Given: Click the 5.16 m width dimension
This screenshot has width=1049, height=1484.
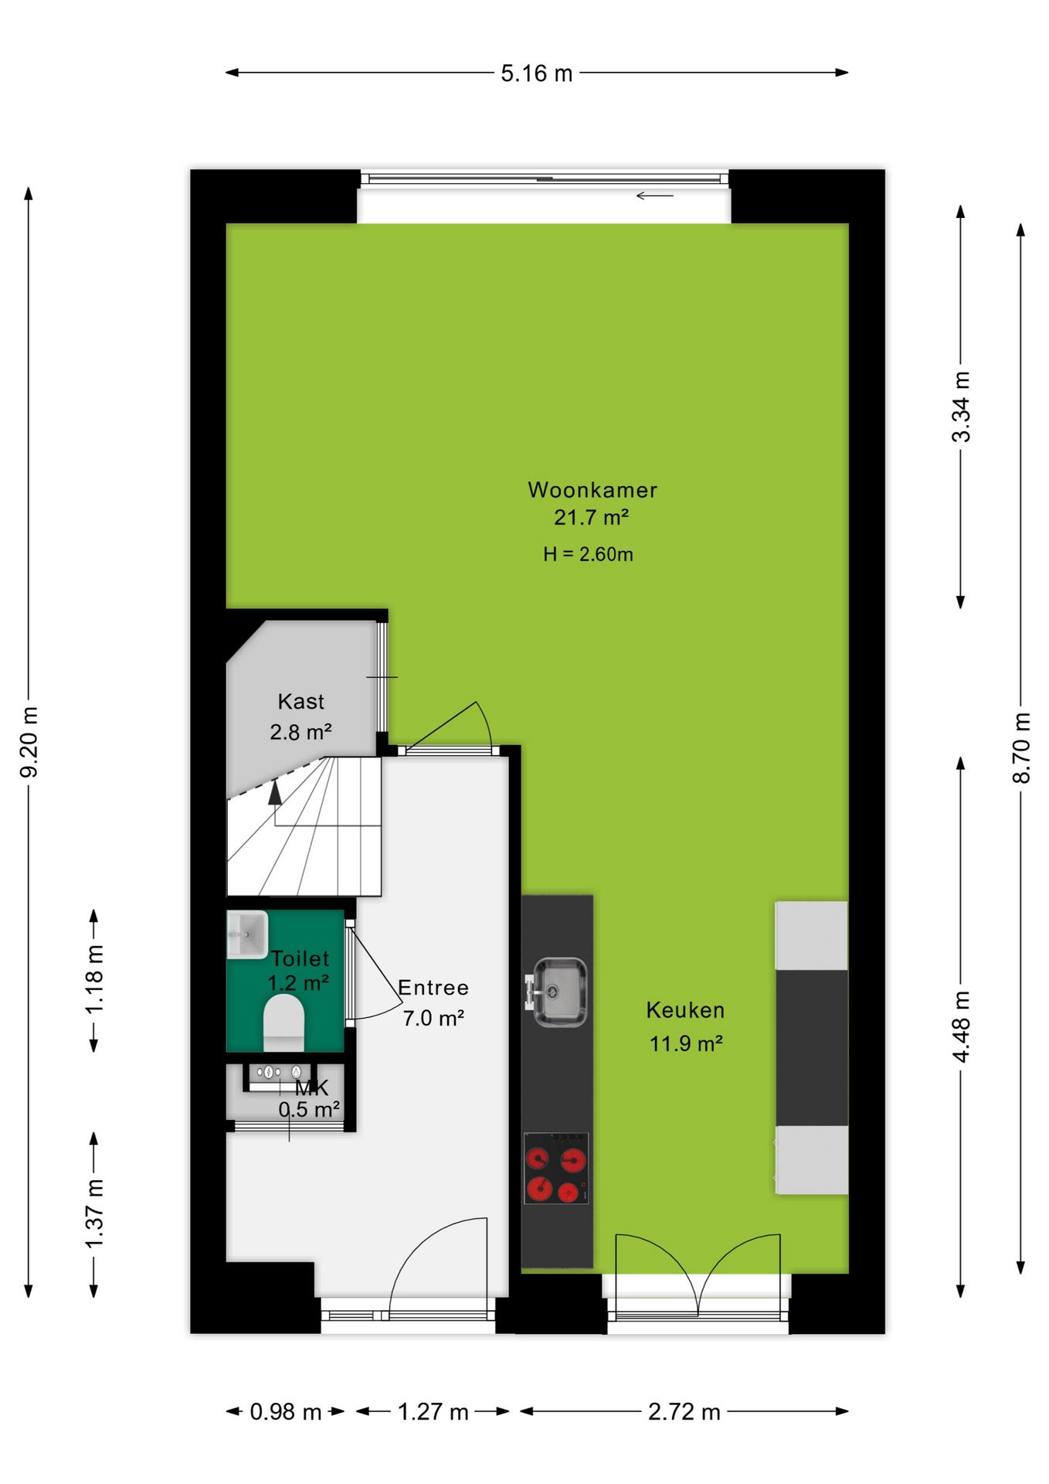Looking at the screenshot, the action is coord(537,73).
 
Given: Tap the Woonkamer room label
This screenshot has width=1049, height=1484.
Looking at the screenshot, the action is coord(592,490).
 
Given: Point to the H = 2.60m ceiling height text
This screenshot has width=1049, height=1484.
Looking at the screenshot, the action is coord(588,554).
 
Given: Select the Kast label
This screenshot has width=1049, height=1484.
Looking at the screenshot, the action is coord(300,702).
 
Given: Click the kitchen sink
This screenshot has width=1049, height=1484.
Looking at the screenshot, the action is coord(558,992).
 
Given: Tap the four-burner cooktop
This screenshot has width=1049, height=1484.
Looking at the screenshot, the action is coord(556,1168).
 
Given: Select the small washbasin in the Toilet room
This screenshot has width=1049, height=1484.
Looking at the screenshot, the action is coord(247,934).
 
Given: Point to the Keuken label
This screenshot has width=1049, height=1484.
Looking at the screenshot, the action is coord(685,1010).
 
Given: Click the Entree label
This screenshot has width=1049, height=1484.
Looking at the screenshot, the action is coord(433,988).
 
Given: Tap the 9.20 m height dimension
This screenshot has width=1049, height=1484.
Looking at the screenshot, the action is coord(29,742).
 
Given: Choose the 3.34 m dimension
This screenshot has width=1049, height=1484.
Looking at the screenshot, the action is coord(961,407).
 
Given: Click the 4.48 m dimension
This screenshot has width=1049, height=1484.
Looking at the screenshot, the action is coord(961,1026).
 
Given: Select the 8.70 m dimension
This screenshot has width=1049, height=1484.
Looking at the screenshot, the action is coord(1021,747).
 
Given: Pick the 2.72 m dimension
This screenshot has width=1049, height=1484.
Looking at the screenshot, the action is coord(684,1411).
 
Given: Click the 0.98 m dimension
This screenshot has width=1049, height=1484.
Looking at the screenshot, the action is coord(285,1411).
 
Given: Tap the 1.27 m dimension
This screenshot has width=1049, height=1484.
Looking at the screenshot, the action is coord(433,1411).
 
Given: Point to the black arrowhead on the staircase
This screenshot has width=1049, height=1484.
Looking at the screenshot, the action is coord(275,793).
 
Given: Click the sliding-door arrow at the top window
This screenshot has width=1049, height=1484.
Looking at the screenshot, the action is coord(655,196).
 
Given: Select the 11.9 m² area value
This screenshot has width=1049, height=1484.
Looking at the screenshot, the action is coord(686,1043).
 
